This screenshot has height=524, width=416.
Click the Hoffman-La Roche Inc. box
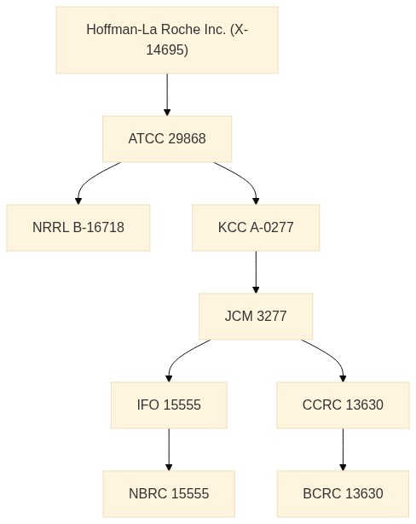tap(167, 40)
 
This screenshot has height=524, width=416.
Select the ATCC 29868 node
tap(167, 139)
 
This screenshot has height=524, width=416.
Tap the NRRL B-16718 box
tap(78, 228)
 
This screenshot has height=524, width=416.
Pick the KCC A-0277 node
tap(256, 228)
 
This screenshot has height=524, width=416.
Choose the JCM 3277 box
tap(256, 316)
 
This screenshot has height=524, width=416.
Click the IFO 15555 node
tap(169, 405)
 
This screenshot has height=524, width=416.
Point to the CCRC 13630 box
tap(343, 405)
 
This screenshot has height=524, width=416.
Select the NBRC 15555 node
tap(169, 493)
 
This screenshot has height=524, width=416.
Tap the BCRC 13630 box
tap(343, 493)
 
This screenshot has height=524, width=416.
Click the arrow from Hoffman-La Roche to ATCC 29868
tap(167, 95)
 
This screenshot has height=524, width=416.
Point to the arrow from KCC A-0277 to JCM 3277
tap(256, 272)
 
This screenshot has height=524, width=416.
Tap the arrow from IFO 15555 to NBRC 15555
tap(169, 450)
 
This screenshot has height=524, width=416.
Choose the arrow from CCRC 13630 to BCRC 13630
tap(343, 450)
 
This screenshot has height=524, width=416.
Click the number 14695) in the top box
tap(167, 49)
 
